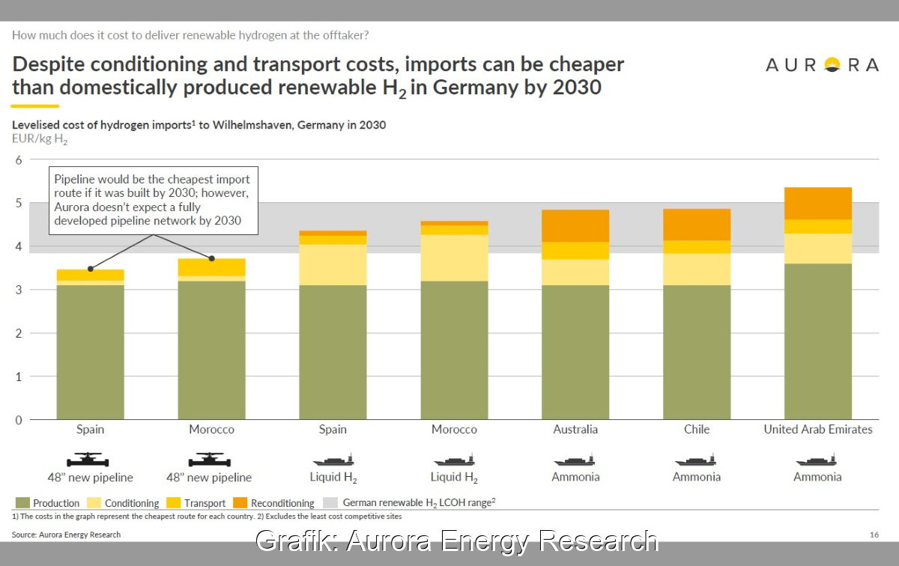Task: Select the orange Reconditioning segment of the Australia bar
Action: click(x=575, y=226)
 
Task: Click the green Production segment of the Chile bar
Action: click(x=697, y=352)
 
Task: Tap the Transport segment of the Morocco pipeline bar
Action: click(x=211, y=267)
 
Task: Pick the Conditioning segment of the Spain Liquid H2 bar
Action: click(x=333, y=265)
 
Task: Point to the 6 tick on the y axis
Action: click(x=20, y=159)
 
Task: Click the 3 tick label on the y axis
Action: click(x=20, y=290)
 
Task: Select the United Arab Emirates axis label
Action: click(x=818, y=430)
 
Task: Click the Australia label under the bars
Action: click(x=575, y=430)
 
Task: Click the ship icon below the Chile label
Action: click(x=696, y=460)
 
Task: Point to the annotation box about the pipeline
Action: click(x=154, y=201)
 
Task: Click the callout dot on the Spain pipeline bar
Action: click(x=91, y=268)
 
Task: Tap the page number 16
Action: click(x=874, y=535)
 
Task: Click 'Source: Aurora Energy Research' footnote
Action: click(x=66, y=535)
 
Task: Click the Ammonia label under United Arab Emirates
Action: click(x=817, y=477)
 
